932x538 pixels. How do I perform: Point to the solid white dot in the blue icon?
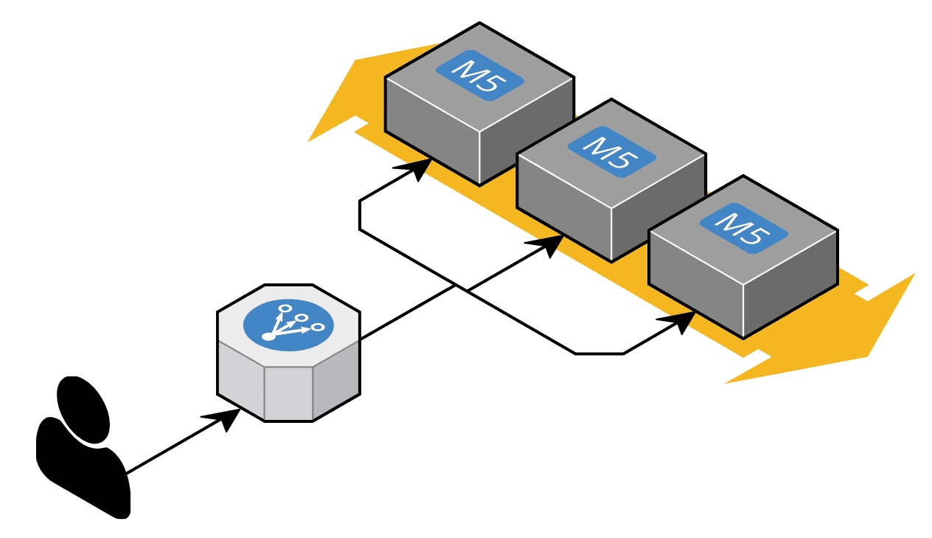click(x=268, y=337)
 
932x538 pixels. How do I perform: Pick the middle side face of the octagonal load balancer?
click(x=288, y=392)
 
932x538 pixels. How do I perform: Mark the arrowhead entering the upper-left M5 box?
click(x=418, y=169)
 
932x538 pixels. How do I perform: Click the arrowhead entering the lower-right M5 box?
click(x=682, y=321)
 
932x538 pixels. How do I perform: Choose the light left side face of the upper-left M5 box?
click(x=432, y=133)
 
